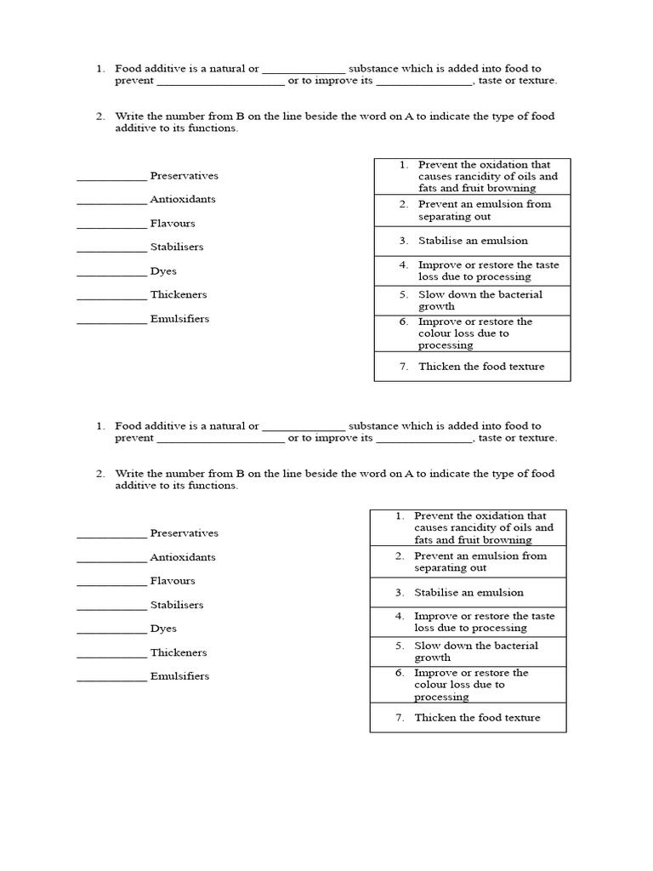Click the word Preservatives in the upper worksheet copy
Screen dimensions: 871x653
[184, 176]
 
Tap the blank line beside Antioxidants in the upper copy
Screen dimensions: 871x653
[111, 202]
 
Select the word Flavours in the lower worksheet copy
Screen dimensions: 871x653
[173, 581]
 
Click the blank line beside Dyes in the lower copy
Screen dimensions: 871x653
[111, 632]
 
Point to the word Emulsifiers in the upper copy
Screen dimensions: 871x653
[179, 319]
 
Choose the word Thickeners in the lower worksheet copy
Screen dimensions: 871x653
[179, 652]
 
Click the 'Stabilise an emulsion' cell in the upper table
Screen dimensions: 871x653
[473, 241]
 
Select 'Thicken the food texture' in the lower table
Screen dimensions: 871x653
[477, 718]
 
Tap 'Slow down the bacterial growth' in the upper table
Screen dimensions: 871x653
[480, 300]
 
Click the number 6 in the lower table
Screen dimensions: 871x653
[399, 673]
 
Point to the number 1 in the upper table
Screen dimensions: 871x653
[403, 165]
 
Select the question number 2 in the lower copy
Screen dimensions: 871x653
[99, 474]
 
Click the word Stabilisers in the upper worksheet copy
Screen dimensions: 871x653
[177, 248]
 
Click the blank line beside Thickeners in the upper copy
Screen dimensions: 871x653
[111, 298]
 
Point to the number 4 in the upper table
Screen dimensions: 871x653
[403, 265]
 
